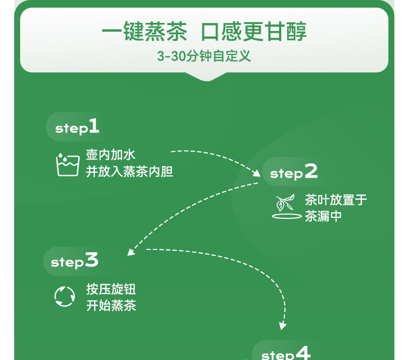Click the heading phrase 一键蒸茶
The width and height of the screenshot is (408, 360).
coord(144,32)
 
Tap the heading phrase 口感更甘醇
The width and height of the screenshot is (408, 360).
coord(254,32)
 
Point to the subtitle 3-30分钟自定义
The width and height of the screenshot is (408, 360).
coord(204,56)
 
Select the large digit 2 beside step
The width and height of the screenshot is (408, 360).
coord(311,172)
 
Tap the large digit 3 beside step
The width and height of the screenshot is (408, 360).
coord(91,260)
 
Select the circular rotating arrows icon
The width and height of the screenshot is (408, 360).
coord(64,297)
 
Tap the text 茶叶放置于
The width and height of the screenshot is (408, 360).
coord(336,200)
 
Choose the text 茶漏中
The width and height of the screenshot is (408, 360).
coord(323,216)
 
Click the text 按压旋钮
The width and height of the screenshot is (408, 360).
coord(111,289)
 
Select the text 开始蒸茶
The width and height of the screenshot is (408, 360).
coord(111,306)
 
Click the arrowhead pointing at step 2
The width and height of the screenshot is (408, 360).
coord(257,174)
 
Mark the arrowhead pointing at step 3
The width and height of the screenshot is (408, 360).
coord(131,252)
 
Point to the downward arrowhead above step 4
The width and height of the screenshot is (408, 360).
coord(282,326)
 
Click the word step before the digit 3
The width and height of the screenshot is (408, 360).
coord(67,263)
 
